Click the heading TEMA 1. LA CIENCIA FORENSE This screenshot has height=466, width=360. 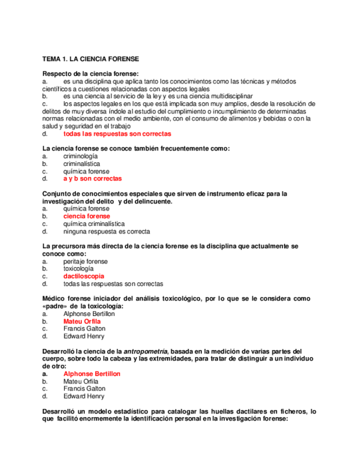click(x=91, y=58)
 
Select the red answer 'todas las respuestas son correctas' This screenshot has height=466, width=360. click(x=117, y=134)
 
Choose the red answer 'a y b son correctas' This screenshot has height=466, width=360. click(x=92, y=179)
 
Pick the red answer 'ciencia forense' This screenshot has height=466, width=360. click(x=86, y=217)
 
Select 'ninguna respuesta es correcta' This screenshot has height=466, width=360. click(x=107, y=232)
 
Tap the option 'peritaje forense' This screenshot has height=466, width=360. click(x=85, y=262)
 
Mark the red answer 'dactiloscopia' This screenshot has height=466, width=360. click(x=84, y=276)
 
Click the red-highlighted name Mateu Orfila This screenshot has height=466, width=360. click(x=82, y=321)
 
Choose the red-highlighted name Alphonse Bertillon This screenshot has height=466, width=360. click(x=92, y=374)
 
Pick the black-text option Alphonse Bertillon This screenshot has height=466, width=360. click(x=89, y=314)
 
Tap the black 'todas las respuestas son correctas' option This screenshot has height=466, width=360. click(x=113, y=284)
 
